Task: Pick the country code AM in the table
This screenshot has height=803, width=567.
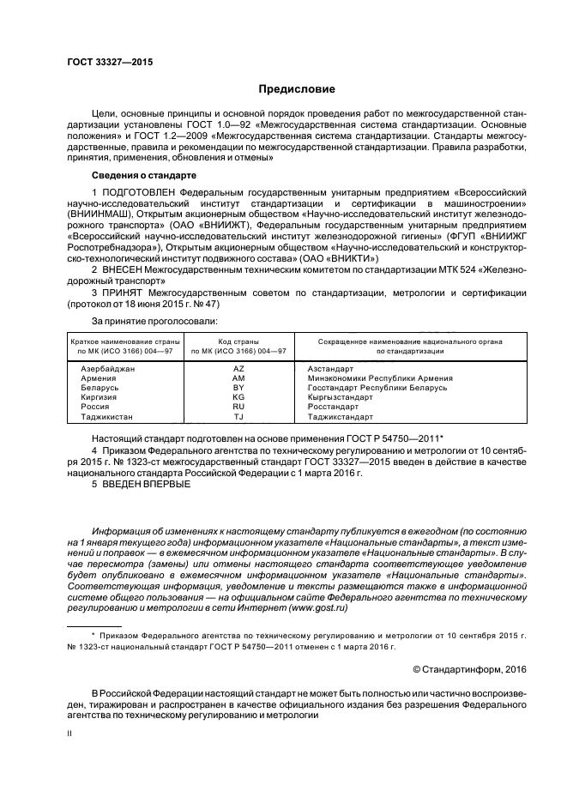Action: tap(238, 377)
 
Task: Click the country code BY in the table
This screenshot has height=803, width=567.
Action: tap(238, 388)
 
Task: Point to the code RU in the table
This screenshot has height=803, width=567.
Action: tap(238, 408)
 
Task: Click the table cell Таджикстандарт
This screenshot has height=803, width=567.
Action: tap(340, 418)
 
